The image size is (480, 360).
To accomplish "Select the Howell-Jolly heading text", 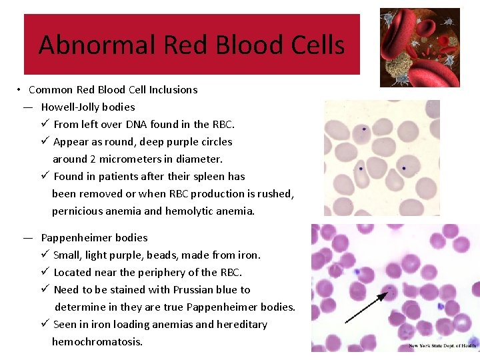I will tap(88, 107).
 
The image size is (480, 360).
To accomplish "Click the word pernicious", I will tap(77, 211).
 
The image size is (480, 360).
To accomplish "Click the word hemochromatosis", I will tap(97, 341).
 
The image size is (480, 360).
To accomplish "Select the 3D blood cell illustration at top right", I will tap(419, 47).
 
